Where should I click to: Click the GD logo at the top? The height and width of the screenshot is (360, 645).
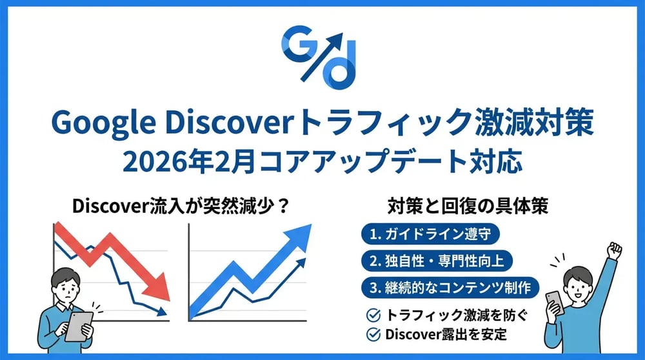tap(321, 57)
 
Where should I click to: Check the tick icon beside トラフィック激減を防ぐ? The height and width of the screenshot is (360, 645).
tap(372, 315)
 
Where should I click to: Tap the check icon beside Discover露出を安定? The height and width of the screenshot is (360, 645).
tap(372, 334)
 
